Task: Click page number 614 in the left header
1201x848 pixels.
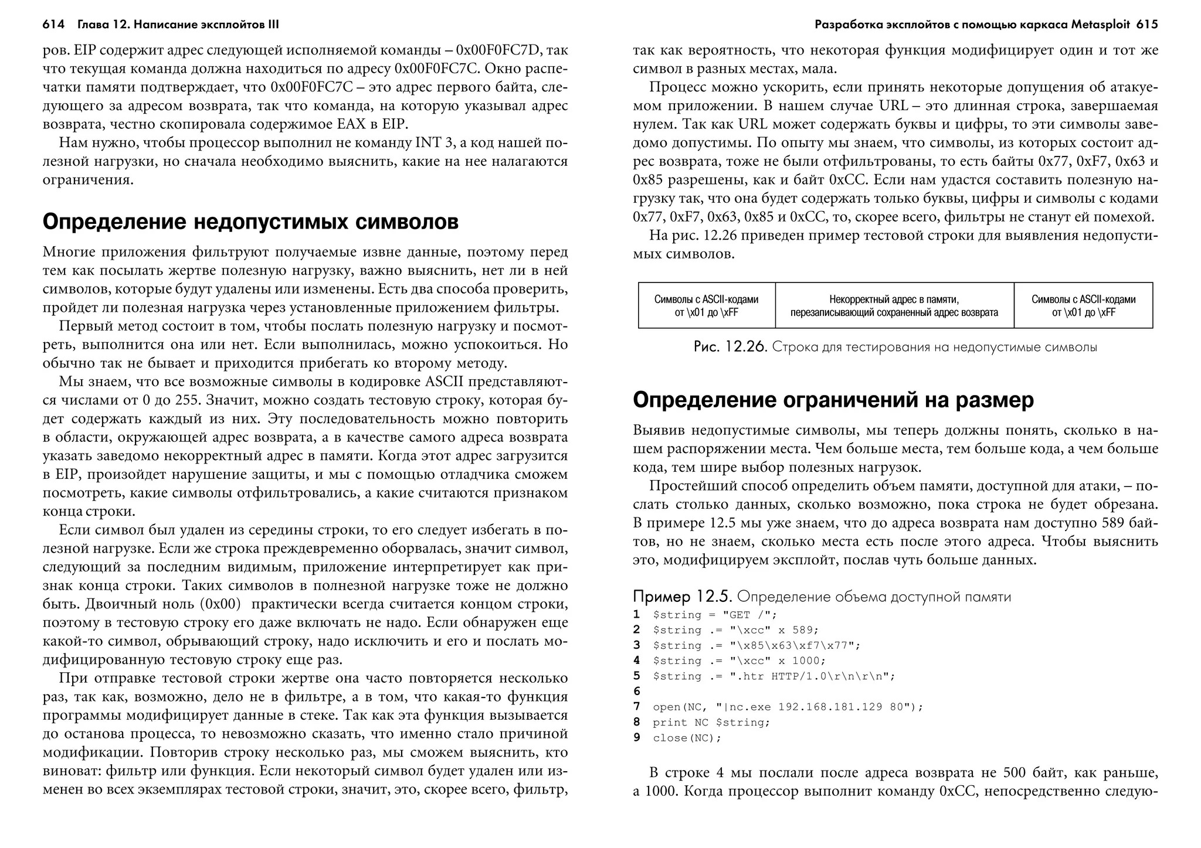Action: pyautogui.click(x=53, y=25)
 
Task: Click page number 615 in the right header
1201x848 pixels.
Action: pyautogui.click(x=1146, y=25)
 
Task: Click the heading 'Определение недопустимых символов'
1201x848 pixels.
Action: pyautogui.click(x=250, y=222)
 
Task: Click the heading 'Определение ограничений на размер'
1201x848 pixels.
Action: pyautogui.click(x=833, y=400)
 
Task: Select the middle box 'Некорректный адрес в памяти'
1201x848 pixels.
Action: pyautogui.click(x=894, y=305)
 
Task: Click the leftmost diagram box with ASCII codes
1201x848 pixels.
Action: pyautogui.click(x=706, y=305)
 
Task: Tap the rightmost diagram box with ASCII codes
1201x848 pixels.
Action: pyautogui.click(x=1083, y=305)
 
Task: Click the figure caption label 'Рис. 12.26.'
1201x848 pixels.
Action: pyautogui.click(x=730, y=347)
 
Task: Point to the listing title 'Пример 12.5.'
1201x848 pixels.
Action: pyautogui.click(x=682, y=597)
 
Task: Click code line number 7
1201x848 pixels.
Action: pyautogui.click(x=637, y=707)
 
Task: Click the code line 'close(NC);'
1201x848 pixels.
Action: pyautogui.click(x=687, y=738)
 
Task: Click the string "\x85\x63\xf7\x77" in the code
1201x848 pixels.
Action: pyautogui.click(x=795, y=645)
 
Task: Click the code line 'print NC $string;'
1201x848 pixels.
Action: pyautogui.click(x=711, y=723)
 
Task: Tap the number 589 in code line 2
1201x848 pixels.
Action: pyautogui.click(x=802, y=630)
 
